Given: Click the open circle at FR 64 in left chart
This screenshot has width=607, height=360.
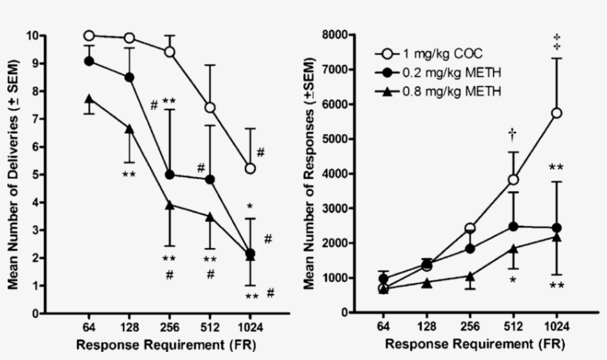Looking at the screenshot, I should point(89,36).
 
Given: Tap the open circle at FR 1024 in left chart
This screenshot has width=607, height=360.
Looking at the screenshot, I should point(251,169).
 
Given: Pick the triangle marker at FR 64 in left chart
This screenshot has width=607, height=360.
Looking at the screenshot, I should point(89,99).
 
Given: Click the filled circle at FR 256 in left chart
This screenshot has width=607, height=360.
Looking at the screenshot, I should point(170,175).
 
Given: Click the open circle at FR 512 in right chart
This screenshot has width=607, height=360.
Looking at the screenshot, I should point(513,180).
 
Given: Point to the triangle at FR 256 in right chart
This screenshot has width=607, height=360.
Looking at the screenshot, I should point(470,276).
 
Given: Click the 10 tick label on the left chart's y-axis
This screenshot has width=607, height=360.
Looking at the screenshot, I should point(33,36).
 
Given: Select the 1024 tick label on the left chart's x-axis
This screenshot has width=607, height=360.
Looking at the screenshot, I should point(251,327).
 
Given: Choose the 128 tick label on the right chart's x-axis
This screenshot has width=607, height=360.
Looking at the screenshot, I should point(427,327).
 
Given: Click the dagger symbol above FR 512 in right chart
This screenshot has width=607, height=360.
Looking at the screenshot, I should point(513,133).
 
